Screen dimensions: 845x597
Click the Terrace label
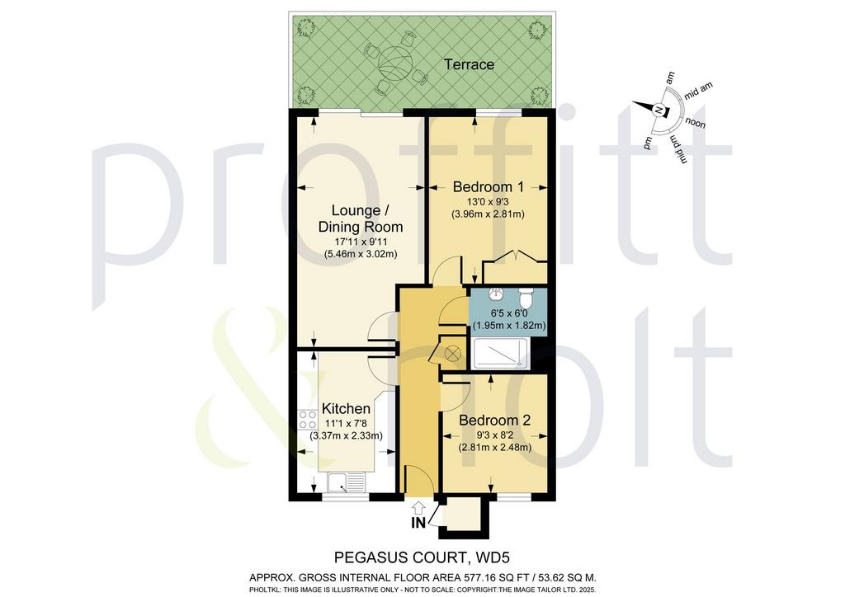point(469,64)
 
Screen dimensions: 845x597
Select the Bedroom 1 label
point(488,187)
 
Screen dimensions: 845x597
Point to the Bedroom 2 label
point(495,420)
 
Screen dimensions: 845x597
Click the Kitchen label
point(346,409)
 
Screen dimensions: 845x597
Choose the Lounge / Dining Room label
point(361,218)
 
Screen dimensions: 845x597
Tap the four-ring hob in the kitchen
point(306,420)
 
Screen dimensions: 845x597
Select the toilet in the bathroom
point(526,297)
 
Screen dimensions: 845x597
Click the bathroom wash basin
point(496,295)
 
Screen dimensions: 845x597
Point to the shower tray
point(499,355)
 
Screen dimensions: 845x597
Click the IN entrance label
point(418,522)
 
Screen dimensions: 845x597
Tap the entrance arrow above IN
point(418,507)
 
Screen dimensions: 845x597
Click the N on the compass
point(658,110)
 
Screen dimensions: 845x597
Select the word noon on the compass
point(695,124)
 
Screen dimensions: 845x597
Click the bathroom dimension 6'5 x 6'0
point(508,313)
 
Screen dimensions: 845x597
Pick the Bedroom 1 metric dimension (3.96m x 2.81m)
point(488,214)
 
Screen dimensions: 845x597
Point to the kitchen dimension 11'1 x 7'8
point(346,424)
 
